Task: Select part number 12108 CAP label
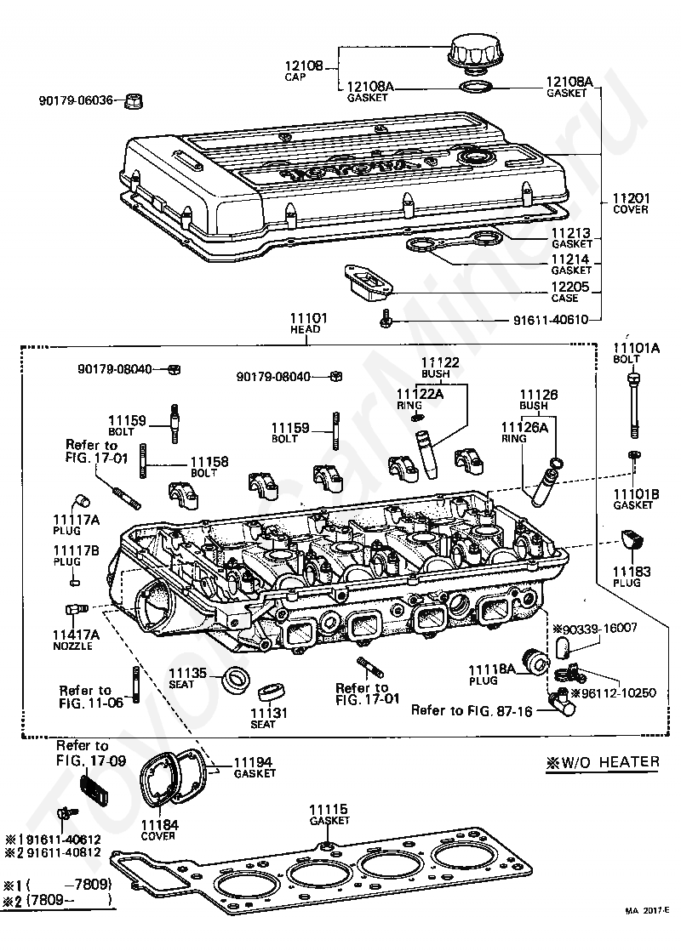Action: point(303,71)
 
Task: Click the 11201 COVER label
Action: point(630,203)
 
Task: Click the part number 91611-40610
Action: point(551,320)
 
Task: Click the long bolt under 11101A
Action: point(633,405)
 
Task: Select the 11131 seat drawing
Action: point(268,692)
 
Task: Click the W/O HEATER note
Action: point(602,762)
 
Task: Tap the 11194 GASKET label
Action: point(255,767)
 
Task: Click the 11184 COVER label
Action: point(159,829)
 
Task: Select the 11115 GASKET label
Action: point(329,815)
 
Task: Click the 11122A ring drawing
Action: point(415,417)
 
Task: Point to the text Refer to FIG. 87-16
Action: point(472,710)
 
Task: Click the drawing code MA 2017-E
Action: point(648,926)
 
